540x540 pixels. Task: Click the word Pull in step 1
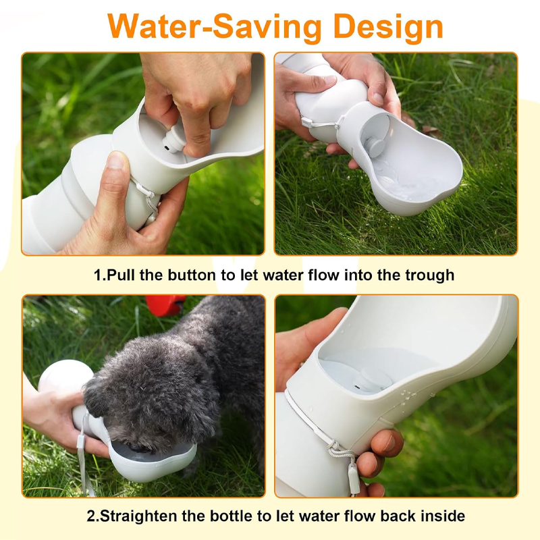click(x=121, y=275)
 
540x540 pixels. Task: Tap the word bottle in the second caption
click(x=231, y=516)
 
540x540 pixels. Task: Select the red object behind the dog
click(x=165, y=306)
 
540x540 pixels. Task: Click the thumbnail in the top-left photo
click(x=115, y=161)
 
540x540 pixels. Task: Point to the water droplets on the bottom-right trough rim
click(x=406, y=396)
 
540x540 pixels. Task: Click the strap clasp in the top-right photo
click(x=306, y=122)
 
